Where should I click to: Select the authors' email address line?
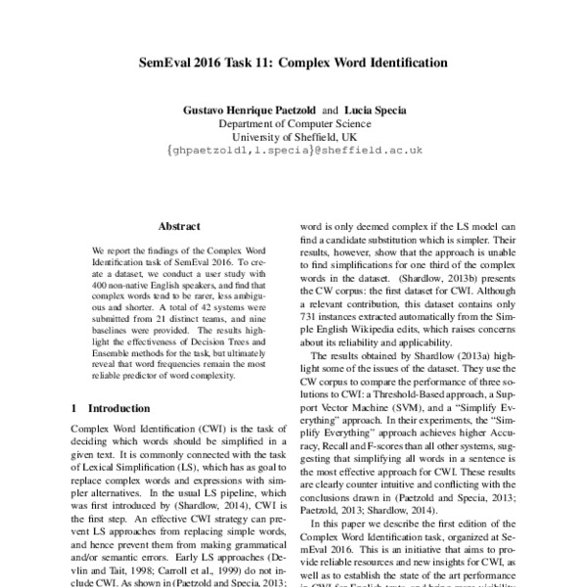293,152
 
